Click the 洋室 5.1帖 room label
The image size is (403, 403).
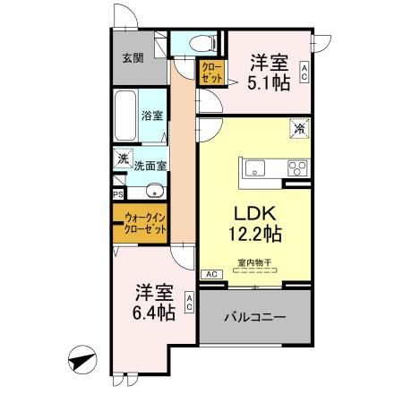(x=269, y=71)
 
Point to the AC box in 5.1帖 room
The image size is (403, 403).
(x=304, y=72)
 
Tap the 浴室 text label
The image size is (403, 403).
(x=152, y=116)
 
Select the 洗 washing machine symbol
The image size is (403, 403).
(x=121, y=159)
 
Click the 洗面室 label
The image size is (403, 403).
(x=150, y=165)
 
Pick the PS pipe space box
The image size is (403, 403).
(x=117, y=193)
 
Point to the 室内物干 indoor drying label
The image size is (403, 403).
(x=255, y=262)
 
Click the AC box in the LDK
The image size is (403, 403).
(x=212, y=274)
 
